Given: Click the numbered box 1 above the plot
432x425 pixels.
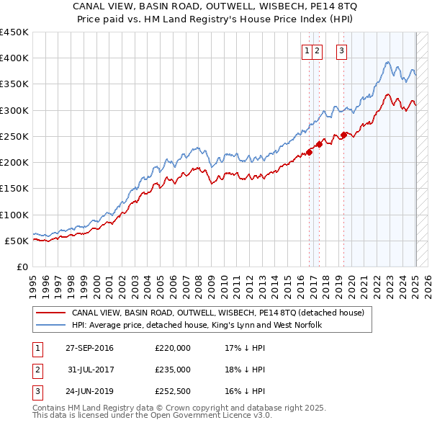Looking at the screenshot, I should point(307,50).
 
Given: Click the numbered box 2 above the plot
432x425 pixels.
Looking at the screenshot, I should point(318,50).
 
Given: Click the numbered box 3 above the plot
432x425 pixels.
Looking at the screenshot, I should point(341,50).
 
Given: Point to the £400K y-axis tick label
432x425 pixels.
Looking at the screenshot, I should point(14,58).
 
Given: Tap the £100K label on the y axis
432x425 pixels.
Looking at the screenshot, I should point(14,215).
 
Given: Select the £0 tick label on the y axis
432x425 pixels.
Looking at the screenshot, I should point(22,267).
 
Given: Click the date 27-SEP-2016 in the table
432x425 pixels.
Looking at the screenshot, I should point(89,348).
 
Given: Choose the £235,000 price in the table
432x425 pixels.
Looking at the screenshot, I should point(173,370).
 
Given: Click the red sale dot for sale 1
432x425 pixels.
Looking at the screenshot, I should point(310,151).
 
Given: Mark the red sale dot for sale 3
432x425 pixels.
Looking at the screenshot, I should point(344,134).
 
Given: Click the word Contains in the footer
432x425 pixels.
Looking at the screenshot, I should point(50,408).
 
